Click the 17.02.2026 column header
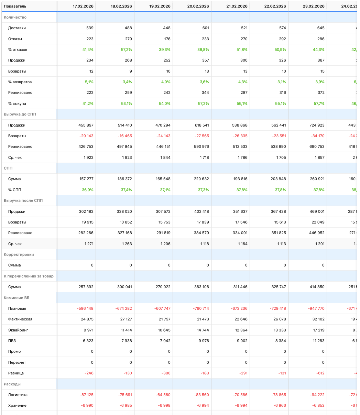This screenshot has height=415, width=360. [83, 6]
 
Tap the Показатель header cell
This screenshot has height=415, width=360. [15, 6]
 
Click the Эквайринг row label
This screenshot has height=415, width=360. [18, 330]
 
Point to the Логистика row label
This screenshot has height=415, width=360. [18, 395]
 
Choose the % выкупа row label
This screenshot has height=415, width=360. [17, 103]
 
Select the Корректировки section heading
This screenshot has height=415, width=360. [19, 254]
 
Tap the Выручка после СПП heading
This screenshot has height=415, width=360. [23, 200]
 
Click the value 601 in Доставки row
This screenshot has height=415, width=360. [205, 28]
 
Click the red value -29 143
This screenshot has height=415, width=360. [86, 136]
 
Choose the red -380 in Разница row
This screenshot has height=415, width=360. [166, 373]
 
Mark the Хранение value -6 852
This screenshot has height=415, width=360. [317, 405]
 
